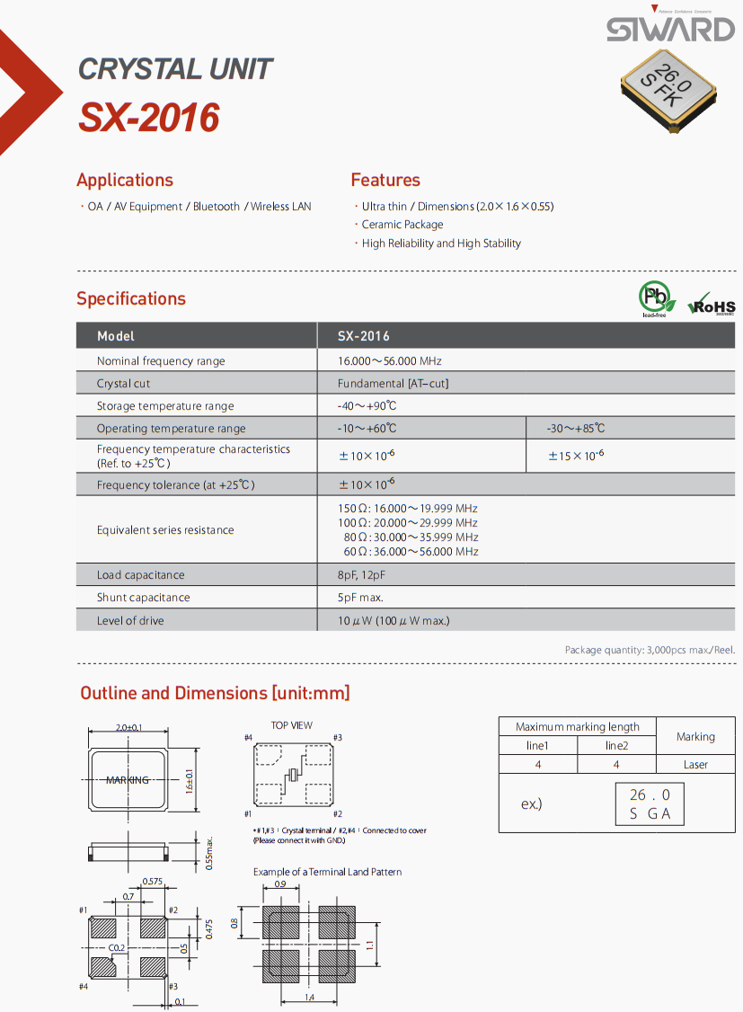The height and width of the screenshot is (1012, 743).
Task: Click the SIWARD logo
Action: tap(670, 29)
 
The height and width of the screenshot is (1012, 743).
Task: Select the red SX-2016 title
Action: tap(149, 118)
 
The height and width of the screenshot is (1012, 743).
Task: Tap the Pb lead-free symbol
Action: tap(654, 297)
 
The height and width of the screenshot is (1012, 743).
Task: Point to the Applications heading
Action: tap(125, 180)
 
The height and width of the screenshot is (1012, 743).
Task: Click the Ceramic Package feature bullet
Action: tap(402, 225)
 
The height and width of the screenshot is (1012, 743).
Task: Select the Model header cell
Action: tap(116, 336)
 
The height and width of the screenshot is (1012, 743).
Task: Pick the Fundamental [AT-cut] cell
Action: tap(393, 384)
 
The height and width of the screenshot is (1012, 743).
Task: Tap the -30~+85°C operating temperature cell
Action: tap(576, 429)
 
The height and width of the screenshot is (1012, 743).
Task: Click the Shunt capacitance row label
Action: tap(144, 598)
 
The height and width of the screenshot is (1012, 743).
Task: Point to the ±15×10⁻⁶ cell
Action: tap(576, 457)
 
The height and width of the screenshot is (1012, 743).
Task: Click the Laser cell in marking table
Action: tap(695, 765)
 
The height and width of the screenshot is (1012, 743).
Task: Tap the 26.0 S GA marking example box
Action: tap(650, 804)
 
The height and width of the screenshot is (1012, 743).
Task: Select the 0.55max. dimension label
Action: tap(209, 852)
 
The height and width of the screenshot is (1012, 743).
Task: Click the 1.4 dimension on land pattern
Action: tap(308, 999)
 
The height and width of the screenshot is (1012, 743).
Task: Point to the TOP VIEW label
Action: tap(292, 725)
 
